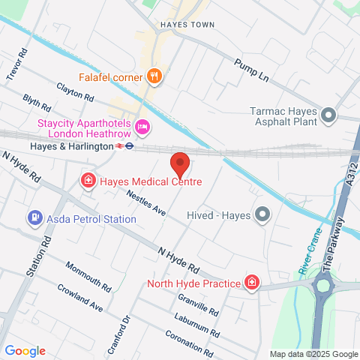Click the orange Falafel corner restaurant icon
point(154,76)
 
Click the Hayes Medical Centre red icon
point(88,181)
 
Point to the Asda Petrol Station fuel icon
point(34,218)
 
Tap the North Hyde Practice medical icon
point(252,283)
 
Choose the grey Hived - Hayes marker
point(262,215)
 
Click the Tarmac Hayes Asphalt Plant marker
point(328,115)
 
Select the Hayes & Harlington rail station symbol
point(129,147)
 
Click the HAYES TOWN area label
point(187,25)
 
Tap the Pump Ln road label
point(250,72)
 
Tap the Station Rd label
point(33,258)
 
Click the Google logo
point(25,350)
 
